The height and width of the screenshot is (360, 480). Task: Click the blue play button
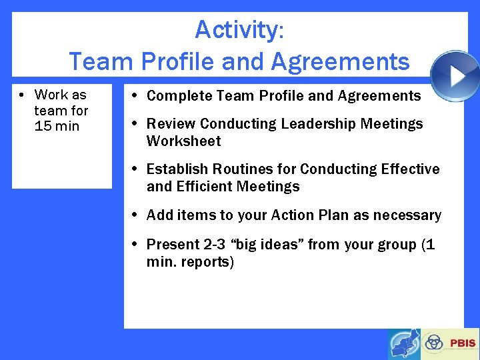(x=455, y=76)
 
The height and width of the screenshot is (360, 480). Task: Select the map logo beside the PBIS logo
(x=405, y=344)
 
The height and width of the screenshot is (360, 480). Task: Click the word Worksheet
(x=183, y=141)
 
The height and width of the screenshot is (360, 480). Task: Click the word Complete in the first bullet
(x=175, y=96)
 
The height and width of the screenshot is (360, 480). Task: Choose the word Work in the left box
(x=51, y=95)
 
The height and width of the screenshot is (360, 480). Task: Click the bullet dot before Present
(x=135, y=245)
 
